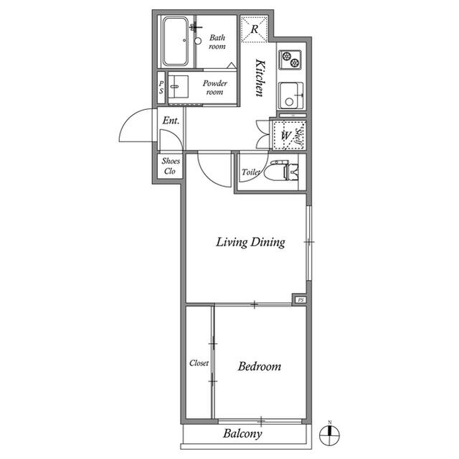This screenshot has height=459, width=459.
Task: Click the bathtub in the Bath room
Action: (175, 41)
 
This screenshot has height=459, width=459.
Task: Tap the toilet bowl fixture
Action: (281, 170)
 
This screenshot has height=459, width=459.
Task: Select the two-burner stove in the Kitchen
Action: (290, 60)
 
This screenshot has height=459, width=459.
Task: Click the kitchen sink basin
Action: (291, 96)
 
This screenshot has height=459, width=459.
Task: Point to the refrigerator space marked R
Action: (254, 29)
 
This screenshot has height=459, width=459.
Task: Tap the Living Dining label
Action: (250, 242)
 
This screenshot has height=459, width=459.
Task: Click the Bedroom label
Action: (260, 366)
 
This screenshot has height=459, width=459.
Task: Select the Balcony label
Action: (242, 434)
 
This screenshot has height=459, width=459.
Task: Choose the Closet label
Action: (199, 363)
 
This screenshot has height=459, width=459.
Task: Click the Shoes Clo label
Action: (171, 166)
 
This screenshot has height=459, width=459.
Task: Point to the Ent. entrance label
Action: (171, 120)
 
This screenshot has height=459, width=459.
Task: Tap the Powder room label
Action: (215, 88)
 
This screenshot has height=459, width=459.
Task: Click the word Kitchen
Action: (260, 78)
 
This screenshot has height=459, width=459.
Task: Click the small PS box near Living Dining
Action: (301, 300)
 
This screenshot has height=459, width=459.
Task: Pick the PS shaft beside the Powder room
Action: (161, 88)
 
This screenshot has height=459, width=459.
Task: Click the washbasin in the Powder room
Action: (179, 87)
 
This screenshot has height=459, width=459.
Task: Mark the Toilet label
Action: (251, 172)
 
